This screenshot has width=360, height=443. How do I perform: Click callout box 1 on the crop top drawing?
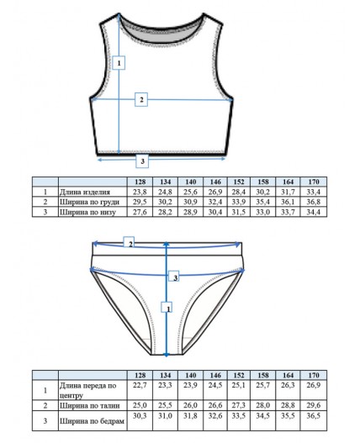click(x=119, y=63)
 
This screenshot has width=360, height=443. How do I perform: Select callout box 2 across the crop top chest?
click(x=141, y=99)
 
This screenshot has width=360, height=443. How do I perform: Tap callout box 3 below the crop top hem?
click(x=142, y=161)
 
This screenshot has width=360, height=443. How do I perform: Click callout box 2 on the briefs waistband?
click(x=130, y=243)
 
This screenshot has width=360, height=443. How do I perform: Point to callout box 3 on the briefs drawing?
click(x=174, y=277)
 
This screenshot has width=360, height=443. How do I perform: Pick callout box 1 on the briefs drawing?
click(x=167, y=307)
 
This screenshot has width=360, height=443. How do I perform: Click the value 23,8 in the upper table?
click(x=140, y=192)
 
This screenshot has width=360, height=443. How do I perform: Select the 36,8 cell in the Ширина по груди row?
click(x=314, y=202)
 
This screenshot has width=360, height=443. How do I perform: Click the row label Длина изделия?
click(x=85, y=192)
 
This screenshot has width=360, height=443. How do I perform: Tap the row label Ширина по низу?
click(x=87, y=212)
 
